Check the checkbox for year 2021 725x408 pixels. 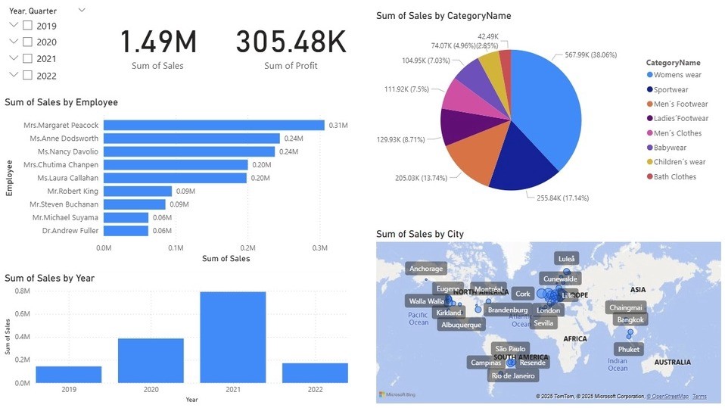pos(28,58)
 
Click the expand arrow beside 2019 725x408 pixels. pos(14,25)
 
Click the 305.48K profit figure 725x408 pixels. pos(290,42)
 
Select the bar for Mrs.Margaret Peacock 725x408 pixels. pos(213,125)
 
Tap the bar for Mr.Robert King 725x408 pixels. pos(138,191)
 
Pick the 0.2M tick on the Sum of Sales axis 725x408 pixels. pos(247,248)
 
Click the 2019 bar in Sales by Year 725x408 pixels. pos(68,374)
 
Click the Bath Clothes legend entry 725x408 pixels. pos(675,176)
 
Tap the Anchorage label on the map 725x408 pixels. pos(426,269)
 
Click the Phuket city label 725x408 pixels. pos(628,349)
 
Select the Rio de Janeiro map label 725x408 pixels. pos(512,375)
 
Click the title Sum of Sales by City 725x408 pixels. pos(419,234)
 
